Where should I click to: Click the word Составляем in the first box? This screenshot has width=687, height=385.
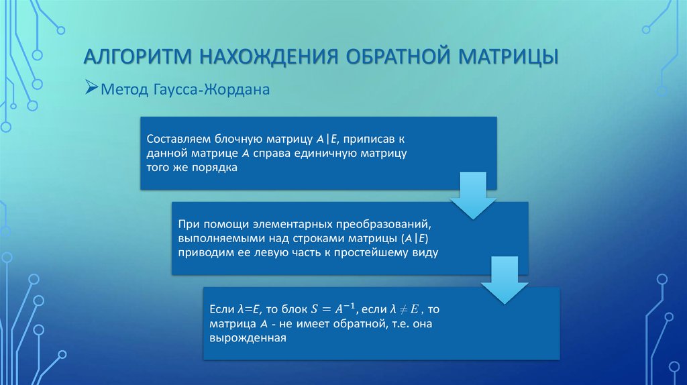click(x=176, y=139)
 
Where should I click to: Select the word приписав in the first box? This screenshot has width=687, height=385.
click(x=378, y=139)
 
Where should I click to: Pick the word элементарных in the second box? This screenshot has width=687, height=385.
click(x=296, y=223)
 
